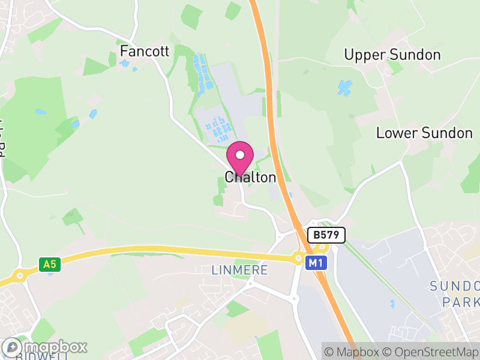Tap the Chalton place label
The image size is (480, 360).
click(250, 178)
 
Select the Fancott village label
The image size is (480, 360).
click(145, 51)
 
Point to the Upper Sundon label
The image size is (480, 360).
click(392, 55)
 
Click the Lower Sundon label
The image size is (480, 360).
click(424, 133)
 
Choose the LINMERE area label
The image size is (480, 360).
click(240, 271)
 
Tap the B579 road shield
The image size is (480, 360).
click(326, 235)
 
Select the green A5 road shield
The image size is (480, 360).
click(49, 263)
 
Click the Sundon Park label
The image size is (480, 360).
click(455, 293)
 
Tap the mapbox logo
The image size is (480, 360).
click(46, 347)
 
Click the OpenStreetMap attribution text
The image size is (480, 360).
click(431, 351)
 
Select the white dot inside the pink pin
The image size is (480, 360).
click(240, 155)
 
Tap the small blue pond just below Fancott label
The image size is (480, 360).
click(125, 63)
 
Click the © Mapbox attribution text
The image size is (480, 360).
click(352, 351)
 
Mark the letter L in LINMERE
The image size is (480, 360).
click(215, 271)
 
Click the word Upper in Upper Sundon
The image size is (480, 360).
click(365, 55)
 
